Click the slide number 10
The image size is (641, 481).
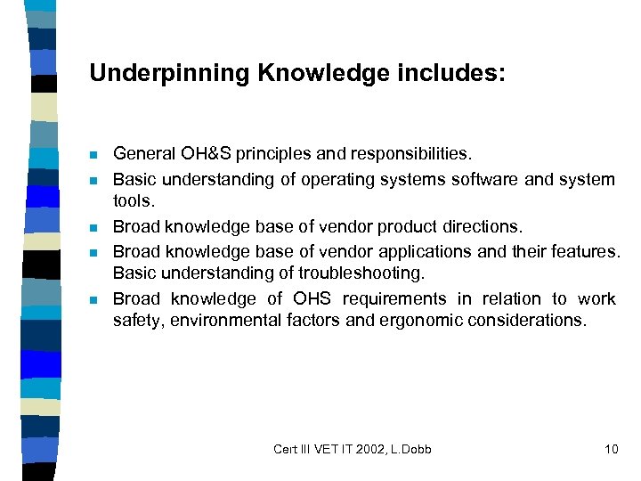[x=611, y=449]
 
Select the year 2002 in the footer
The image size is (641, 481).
[x=368, y=449]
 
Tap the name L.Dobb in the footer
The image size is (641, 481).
[x=410, y=449]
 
